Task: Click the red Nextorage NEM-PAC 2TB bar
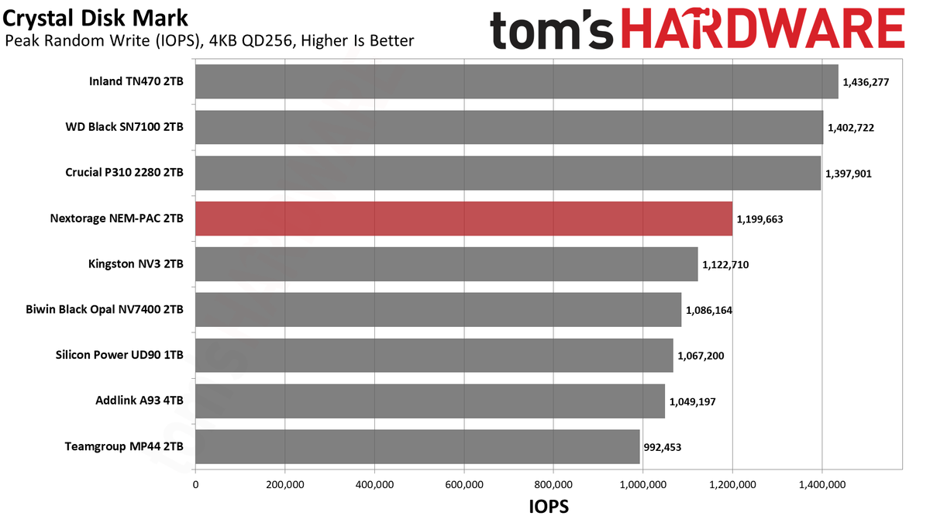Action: [463, 218]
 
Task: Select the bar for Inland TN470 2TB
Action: [517, 81]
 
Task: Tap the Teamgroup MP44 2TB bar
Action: [418, 446]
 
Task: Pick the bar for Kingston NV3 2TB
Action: [446, 264]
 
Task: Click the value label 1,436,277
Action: [866, 82]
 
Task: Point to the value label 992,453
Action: [662, 448]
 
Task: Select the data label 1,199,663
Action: [759, 219]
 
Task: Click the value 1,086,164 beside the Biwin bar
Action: [708, 311]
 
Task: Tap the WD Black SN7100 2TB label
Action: [124, 126]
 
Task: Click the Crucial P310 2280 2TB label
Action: [124, 172]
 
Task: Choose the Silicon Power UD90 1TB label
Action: [119, 355]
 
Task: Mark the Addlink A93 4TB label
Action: [139, 401]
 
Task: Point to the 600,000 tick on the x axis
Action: [464, 485]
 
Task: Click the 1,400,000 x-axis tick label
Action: [822, 485]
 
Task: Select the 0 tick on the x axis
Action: [195, 485]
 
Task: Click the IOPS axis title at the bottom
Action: [549, 507]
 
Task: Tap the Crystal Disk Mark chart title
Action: [95, 19]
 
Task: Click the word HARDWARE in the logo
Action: [763, 28]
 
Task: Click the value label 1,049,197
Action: [693, 402]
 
